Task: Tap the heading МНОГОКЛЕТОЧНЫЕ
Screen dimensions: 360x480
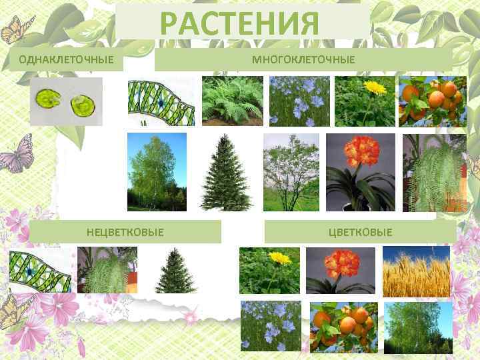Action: click(x=303, y=60)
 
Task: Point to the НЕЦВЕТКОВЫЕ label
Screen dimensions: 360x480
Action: click(x=125, y=232)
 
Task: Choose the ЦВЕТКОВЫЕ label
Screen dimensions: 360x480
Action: click(x=361, y=232)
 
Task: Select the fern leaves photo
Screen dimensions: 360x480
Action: click(x=232, y=101)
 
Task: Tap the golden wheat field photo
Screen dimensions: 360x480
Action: click(x=415, y=271)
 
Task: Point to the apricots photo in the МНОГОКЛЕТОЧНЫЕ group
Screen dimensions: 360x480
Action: click(x=431, y=101)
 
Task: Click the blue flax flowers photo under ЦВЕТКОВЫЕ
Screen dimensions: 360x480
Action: click(x=271, y=326)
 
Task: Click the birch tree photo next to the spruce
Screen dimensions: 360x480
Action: click(x=157, y=172)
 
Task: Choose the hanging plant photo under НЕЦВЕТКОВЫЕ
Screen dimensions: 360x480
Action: click(x=107, y=271)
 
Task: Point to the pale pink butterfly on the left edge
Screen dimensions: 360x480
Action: click(x=16, y=153)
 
